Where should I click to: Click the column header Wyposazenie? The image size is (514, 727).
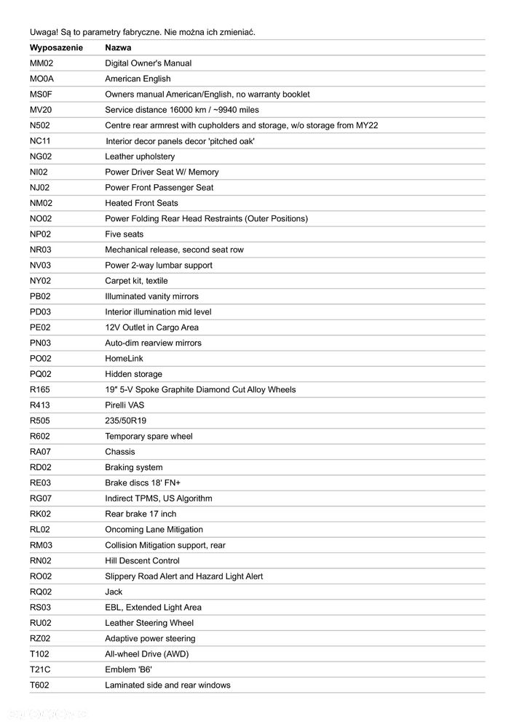point(56,47)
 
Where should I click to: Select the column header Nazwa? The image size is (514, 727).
point(118,47)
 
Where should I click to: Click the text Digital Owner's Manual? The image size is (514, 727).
point(148,63)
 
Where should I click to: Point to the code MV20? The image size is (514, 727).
point(40,110)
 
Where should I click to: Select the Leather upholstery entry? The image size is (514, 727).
point(140,156)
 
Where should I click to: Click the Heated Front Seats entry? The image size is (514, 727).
point(141,203)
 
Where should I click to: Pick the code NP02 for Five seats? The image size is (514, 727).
point(40,234)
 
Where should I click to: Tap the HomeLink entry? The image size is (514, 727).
point(124,359)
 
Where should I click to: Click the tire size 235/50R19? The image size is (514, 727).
point(125,421)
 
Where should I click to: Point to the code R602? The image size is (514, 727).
point(40,437)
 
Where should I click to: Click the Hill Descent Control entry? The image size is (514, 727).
point(142,561)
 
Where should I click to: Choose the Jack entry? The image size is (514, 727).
point(114,592)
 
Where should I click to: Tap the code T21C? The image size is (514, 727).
point(40,670)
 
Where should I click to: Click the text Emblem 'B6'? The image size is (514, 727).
point(128,670)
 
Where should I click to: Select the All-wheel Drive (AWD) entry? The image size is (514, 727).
point(146,654)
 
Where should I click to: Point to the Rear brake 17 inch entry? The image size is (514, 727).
point(141,515)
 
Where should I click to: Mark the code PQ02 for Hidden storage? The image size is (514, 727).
point(41,374)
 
